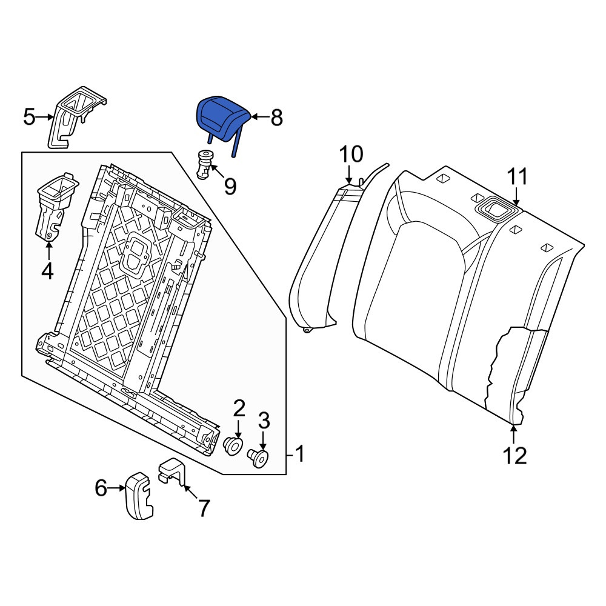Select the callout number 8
click(x=276, y=118)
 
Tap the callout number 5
click(x=29, y=117)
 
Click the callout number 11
click(x=517, y=176)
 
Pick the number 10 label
click(x=351, y=154)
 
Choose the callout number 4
click(x=47, y=271)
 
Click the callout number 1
click(x=300, y=454)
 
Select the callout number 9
click(x=230, y=186)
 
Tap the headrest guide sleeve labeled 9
click(x=204, y=165)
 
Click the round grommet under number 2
click(x=234, y=446)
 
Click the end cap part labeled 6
click(x=139, y=496)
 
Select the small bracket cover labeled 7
click(x=172, y=471)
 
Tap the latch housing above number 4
click(x=56, y=207)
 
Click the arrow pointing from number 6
click(x=116, y=488)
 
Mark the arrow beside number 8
click(x=260, y=116)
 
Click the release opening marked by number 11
click(x=497, y=210)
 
